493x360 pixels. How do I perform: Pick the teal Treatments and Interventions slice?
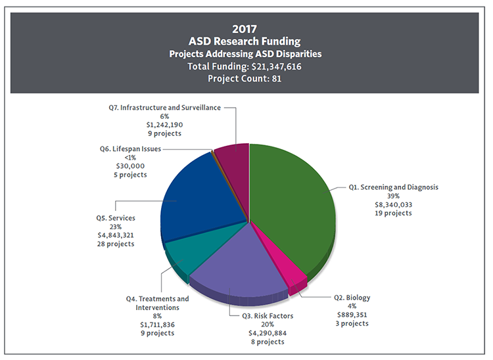click(187, 256)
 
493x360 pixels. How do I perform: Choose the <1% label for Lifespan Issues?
click(131, 158)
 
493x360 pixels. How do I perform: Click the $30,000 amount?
click(131, 166)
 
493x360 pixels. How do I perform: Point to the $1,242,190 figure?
click(164, 124)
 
